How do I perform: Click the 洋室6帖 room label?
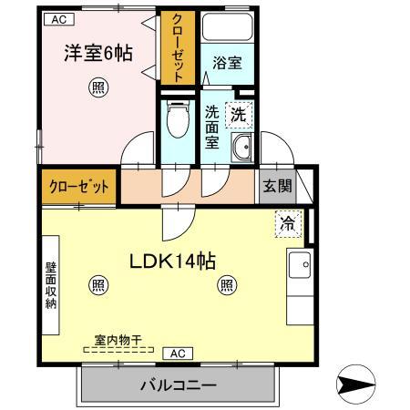(x=97, y=53)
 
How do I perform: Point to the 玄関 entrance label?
(x=278, y=189)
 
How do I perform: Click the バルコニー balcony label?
(x=178, y=384)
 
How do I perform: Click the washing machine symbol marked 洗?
(x=238, y=115)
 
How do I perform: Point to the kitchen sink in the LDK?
(x=299, y=265)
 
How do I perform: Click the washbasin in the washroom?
(x=241, y=147)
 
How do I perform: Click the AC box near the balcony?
(x=178, y=353)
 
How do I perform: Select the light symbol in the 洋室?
(x=97, y=87)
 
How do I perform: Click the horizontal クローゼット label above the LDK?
(x=78, y=189)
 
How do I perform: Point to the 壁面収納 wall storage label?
(x=52, y=285)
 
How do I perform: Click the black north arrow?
(x=357, y=384)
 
